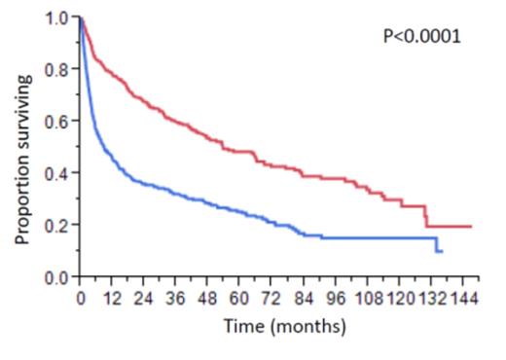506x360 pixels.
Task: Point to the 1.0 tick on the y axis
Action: (56, 18)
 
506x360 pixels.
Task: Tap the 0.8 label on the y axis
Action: (56, 70)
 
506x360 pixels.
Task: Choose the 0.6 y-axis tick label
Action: (56, 122)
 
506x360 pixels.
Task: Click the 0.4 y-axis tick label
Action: (56, 174)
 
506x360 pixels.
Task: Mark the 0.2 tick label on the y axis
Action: (56, 226)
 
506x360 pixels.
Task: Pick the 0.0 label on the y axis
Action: (56, 277)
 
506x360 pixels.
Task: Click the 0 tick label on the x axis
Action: (81, 299)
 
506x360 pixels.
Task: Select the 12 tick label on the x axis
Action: (113, 299)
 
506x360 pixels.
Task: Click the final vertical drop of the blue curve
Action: (437, 245)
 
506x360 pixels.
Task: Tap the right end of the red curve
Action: (472, 226)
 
